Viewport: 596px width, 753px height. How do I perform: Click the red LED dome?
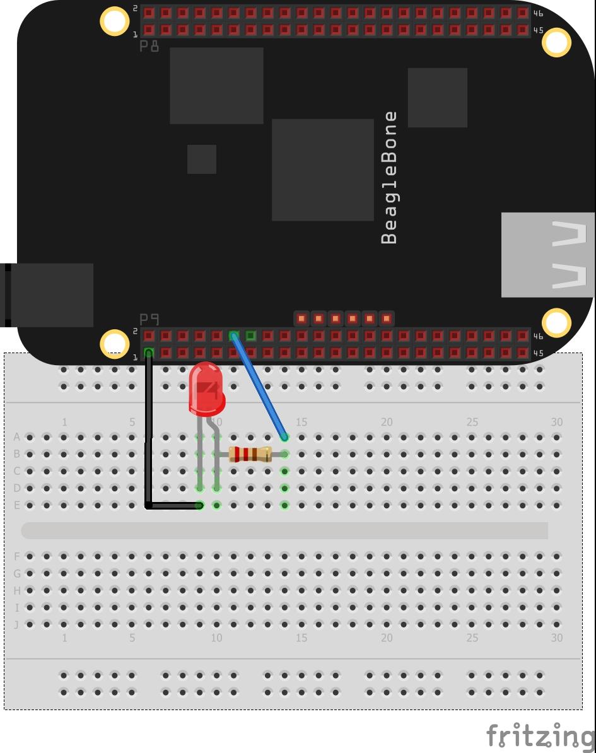pos(206,389)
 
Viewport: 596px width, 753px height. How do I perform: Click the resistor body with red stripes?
pos(250,454)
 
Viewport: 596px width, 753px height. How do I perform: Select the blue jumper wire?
pos(259,387)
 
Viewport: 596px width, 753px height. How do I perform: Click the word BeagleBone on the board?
pos(389,178)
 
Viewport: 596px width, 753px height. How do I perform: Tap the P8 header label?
pos(149,46)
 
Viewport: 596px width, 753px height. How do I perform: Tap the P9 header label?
pos(149,319)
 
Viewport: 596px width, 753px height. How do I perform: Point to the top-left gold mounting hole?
pos(114,21)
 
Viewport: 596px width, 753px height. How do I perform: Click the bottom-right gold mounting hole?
pos(556,322)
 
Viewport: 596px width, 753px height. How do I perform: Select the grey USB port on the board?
pos(548,255)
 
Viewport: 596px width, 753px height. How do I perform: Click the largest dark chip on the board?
pos(323,170)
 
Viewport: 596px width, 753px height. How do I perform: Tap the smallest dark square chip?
pos(202,159)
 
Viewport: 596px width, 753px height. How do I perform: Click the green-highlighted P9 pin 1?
pos(149,353)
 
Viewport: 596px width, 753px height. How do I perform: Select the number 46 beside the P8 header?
pos(539,13)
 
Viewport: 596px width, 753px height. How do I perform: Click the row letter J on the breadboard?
pos(17,624)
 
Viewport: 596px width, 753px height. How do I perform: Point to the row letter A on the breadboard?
pos(17,437)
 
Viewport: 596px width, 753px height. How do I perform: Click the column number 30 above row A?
pos(557,422)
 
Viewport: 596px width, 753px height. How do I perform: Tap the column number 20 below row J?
pos(387,638)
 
